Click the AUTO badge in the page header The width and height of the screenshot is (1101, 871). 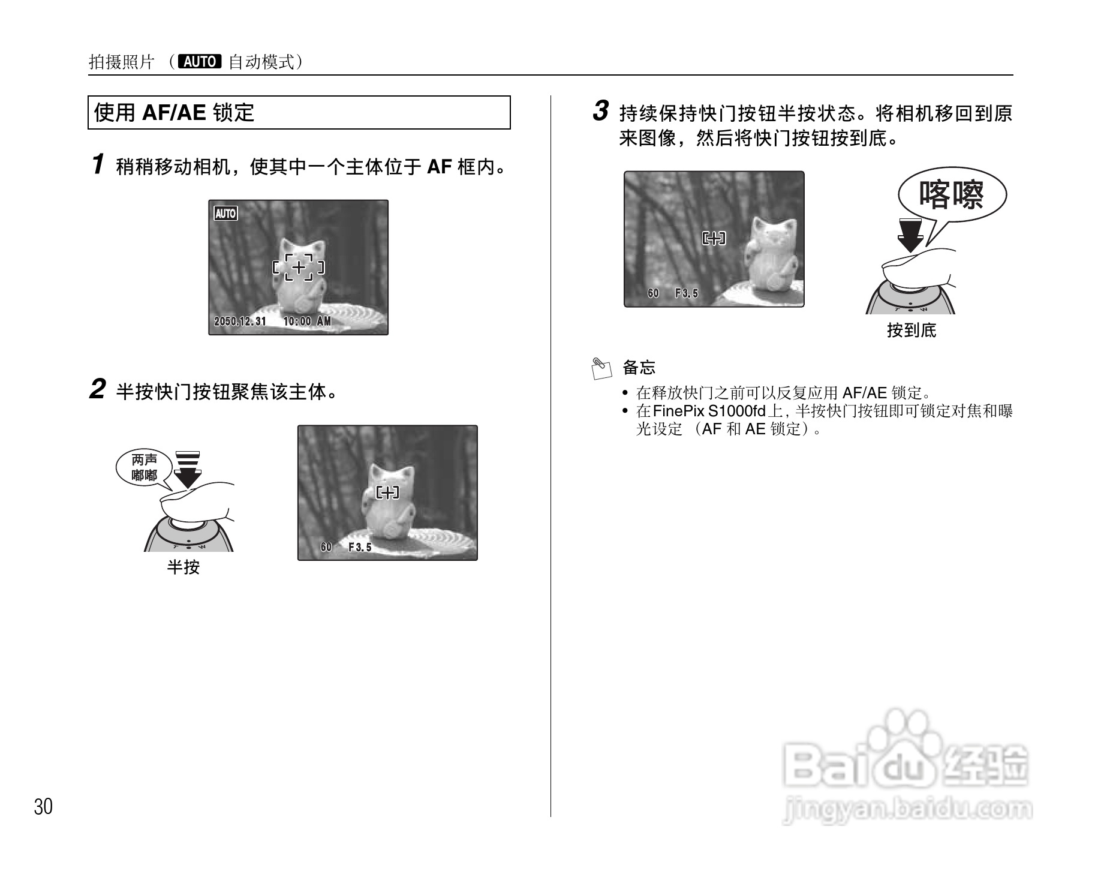click(x=200, y=61)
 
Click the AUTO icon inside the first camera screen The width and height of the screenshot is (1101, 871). click(x=225, y=214)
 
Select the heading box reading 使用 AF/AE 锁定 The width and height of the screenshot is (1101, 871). click(x=299, y=112)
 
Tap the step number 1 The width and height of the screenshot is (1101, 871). click(x=98, y=165)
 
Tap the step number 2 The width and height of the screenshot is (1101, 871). click(x=98, y=390)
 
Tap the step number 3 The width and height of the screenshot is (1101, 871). click(x=601, y=112)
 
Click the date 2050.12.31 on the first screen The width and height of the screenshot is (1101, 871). click(x=240, y=322)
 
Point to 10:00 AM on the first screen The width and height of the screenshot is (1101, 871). click(x=307, y=322)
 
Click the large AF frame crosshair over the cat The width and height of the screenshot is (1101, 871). click(x=299, y=267)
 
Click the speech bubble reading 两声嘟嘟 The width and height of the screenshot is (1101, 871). click(x=144, y=468)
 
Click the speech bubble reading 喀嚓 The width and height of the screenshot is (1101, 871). click(x=951, y=195)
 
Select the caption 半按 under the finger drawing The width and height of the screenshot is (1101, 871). click(x=183, y=567)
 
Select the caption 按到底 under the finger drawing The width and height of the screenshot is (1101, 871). click(x=912, y=330)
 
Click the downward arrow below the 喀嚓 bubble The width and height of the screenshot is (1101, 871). click(x=910, y=236)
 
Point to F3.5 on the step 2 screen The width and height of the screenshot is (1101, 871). click(x=360, y=547)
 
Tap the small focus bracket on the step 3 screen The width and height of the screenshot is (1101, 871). click(x=714, y=239)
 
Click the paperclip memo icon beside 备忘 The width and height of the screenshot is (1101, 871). click(x=601, y=368)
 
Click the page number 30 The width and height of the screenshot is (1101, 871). click(x=43, y=807)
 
